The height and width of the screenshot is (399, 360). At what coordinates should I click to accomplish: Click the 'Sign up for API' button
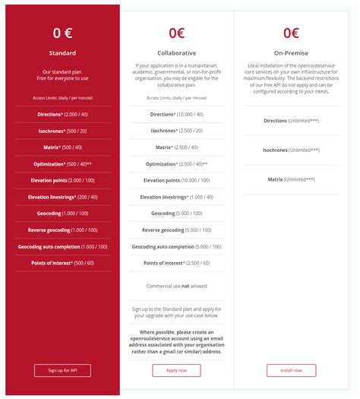pyautogui.click(x=62, y=370)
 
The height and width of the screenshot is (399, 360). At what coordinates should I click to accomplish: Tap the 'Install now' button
pyautogui.click(x=291, y=370)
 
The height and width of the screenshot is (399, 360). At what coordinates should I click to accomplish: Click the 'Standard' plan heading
pyautogui.click(x=62, y=53)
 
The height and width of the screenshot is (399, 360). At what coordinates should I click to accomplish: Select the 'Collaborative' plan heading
pyautogui.click(x=176, y=53)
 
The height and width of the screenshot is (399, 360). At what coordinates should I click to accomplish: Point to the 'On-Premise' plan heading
pyautogui.click(x=291, y=53)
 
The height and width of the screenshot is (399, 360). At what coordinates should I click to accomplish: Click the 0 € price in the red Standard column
pyautogui.click(x=62, y=33)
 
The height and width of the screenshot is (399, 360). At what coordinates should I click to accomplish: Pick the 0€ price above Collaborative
pyautogui.click(x=176, y=33)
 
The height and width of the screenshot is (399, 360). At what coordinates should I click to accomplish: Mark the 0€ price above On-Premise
pyautogui.click(x=291, y=33)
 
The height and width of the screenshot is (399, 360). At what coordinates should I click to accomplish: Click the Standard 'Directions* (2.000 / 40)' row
pyautogui.click(x=62, y=114)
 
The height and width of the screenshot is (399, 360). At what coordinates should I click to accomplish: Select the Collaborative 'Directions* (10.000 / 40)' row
pyautogui.click(x=176, y=114)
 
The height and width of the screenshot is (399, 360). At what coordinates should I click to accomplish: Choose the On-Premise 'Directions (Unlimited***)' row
pyautogui.click(x=291, y=121)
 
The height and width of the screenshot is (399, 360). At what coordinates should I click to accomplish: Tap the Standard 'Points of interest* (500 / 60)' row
pyautogui.click(x=62, y=263)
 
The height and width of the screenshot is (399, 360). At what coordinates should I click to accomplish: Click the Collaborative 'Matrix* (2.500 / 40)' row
pyautogui.click(x=176, y=147)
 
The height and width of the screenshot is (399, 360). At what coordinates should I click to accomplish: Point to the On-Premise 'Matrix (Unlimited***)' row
pyautogui.click(x=291, y=179)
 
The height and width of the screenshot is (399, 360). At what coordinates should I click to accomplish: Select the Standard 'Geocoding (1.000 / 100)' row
pyautogui.click(x=62, y=214)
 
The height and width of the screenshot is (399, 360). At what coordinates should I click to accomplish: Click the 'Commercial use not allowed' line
pyautogui.click(x=176, y=285)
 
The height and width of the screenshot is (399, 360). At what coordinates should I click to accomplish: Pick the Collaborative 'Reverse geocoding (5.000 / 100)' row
pyautogui.click(x=176, y=230)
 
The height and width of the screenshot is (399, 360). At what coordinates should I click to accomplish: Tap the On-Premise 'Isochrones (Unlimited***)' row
pyautogui.click(x=291, y=150)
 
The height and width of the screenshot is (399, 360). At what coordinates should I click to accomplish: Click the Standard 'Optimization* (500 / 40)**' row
pyautogui.click(x=62, y=164)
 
